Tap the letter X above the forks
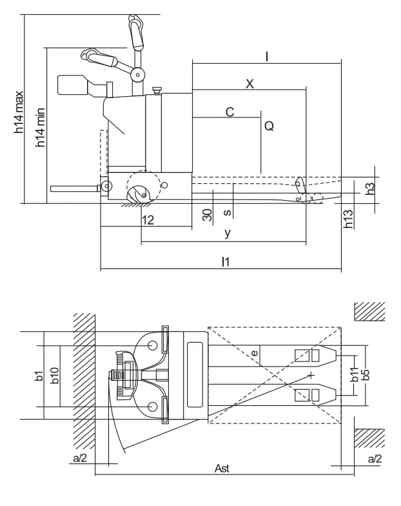[250, 83]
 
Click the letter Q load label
[269, 127]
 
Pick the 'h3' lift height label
[369, 188]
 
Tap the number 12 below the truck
[147, 220]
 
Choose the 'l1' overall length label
[225, 261]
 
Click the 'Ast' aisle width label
[222, 468]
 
